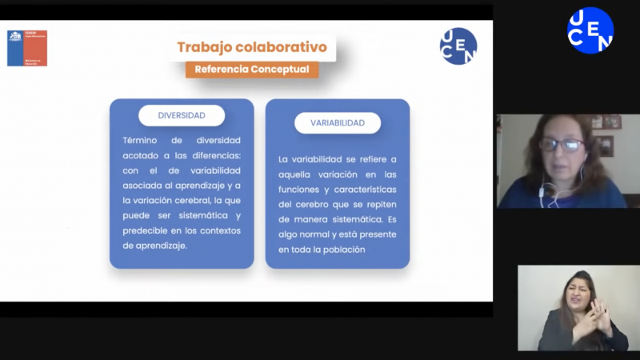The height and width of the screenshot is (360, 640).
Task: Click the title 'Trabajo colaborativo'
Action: pos(251,46)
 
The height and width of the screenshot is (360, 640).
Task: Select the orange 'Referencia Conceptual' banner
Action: pos(251,70)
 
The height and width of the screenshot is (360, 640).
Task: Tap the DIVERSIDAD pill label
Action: pos(181,115)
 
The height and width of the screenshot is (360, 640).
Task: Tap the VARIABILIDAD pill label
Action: pos(338,123)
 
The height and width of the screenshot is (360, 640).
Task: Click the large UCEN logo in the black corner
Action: pos(590,30)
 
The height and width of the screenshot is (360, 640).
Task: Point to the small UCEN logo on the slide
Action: pos(458,46)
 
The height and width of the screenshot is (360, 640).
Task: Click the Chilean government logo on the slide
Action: pos(27,48)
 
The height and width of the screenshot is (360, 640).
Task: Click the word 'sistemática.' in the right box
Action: pos(358,219)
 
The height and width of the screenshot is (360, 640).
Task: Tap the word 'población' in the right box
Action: pos(344,250)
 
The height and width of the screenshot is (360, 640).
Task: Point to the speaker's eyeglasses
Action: pos(562,146)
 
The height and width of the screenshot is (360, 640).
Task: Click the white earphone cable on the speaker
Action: pos(546,192)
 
